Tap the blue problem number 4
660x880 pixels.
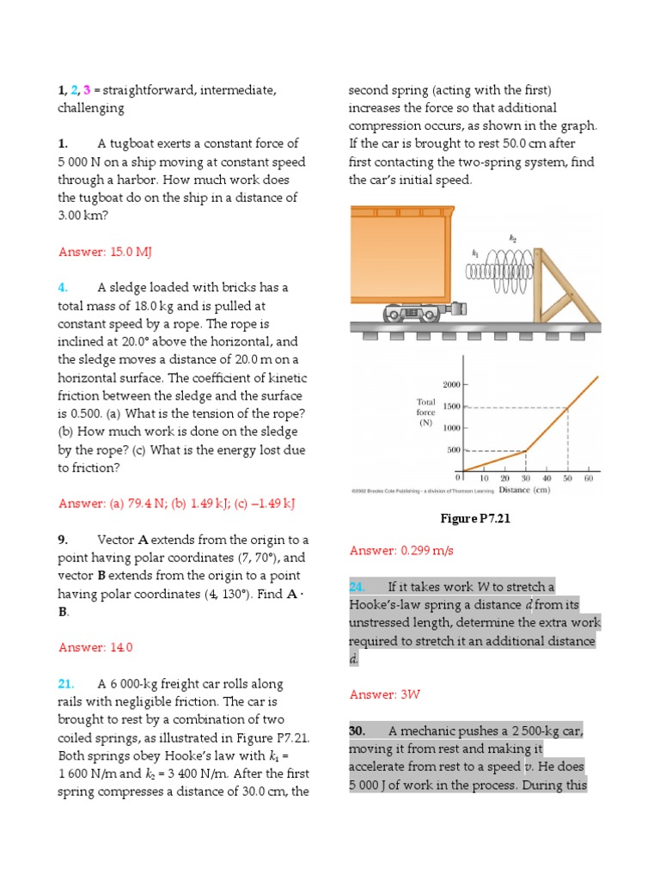pos(63,288)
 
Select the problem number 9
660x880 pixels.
pos(63,540)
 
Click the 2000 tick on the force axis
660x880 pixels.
pos(452,384)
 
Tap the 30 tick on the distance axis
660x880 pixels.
pos(526,478)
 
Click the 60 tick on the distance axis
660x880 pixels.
pos(589,478)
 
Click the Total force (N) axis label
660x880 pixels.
pos(426,412)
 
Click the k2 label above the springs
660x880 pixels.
pos(511,243)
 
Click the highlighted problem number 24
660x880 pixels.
pos(357,587)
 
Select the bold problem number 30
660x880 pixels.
pos(357,730)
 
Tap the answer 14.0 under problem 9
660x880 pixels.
pos(95,647)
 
